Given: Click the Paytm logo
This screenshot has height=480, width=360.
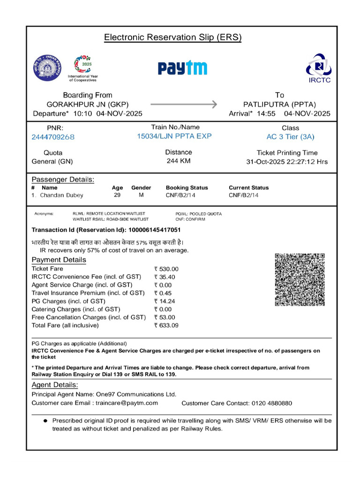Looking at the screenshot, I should [182, 68].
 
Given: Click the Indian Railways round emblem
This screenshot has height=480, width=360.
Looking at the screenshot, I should [47, 68].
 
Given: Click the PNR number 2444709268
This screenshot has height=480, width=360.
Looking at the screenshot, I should [53, 137].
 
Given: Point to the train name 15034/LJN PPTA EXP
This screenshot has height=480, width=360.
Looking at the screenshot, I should [174, 136].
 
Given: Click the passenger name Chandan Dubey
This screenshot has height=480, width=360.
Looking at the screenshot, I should [59, 195].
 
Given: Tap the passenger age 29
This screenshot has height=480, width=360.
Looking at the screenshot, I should [117, 195].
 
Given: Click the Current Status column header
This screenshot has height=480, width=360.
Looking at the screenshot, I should [248, 187].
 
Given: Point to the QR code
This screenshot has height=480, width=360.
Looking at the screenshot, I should [300, 279].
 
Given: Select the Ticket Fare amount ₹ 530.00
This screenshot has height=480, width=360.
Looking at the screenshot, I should [166, 269].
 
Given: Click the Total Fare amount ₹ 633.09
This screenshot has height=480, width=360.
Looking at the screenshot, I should [166, 325].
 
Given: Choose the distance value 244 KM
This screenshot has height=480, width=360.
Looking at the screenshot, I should [179, 161].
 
